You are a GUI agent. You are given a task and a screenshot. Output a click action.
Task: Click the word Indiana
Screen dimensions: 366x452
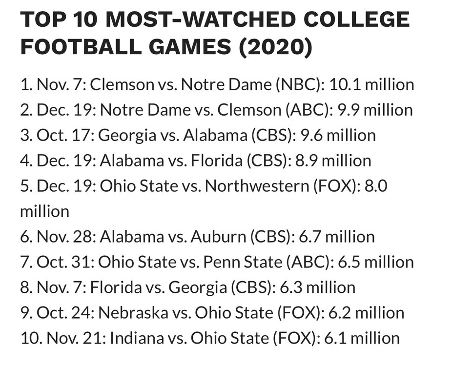click(124, 339)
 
